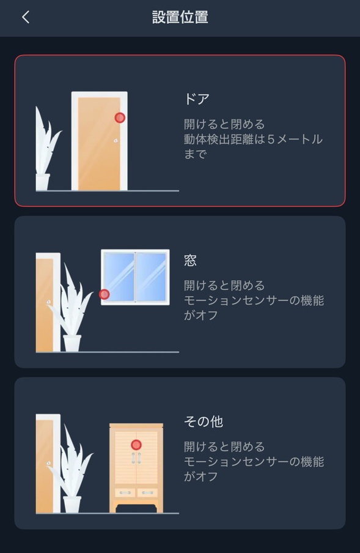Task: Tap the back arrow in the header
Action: [x=26, y=17]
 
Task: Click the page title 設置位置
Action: [x=180, y=17]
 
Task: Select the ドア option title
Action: [x=197, y=99]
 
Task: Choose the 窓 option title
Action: [x=190, y=260]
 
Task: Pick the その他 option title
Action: [x=204, y=421]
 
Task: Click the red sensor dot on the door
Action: [x=120, y=118]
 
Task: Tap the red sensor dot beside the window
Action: [x=105, y=294]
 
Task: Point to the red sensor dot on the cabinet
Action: [x=136, y=445]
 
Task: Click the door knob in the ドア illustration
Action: [x=116, y=141]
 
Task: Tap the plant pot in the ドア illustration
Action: [x=43, y=182]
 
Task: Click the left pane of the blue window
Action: [x=118, y=277]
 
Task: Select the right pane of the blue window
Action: [x=151, y=277]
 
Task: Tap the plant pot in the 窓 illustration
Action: [x=72, y=343]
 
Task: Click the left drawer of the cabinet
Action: [x=125, y=492]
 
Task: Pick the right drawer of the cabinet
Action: [x=147, y=492]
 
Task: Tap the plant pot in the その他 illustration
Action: [x=72, y=504]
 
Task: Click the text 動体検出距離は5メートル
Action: [x=253, y=139]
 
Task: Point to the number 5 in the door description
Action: [x=271, y=139]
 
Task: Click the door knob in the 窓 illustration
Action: [x=49, y=302]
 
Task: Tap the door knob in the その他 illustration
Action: [x=49, y=463]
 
